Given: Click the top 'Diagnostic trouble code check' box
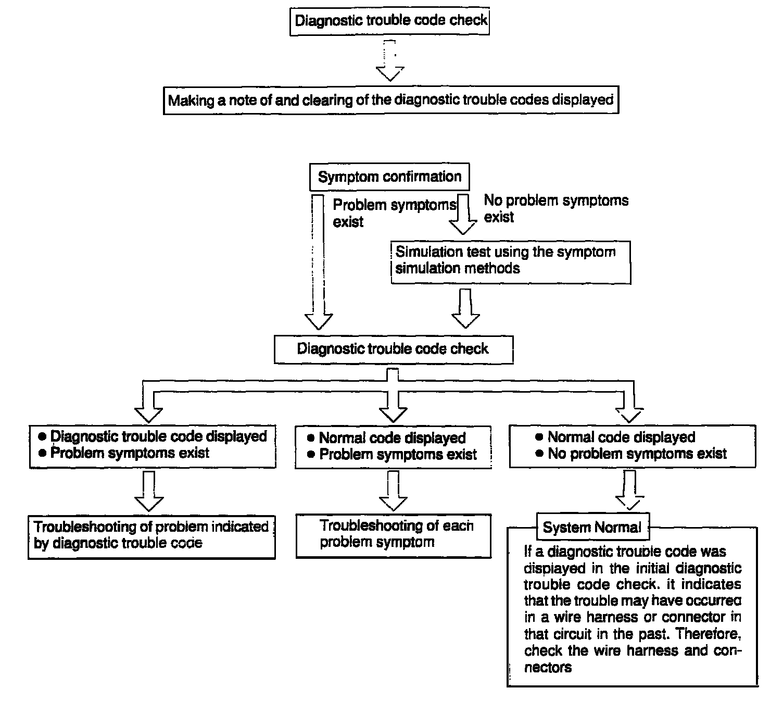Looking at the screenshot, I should (390, 21).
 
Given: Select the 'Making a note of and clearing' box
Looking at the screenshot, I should (390, 100).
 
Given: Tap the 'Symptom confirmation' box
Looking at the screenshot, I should (389, 177).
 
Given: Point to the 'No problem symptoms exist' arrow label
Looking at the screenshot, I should (556, 208).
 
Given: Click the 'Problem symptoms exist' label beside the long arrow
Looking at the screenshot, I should (394, 213).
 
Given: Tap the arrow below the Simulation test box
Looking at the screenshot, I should (465, 309).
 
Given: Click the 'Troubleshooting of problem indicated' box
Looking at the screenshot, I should (151, 536).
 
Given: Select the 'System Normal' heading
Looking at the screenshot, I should (592, 528).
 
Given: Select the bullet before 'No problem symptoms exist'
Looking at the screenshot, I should (539, 454).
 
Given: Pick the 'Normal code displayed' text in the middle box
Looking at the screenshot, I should (392, 438).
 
